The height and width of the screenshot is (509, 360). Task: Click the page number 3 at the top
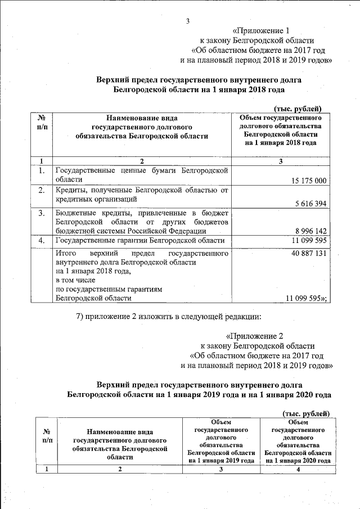pos(187,22)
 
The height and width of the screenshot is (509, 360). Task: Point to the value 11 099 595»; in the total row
pos(307,298)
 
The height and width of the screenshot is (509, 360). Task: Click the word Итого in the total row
pos(66,254)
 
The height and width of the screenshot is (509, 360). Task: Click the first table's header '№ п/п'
pos(42,123)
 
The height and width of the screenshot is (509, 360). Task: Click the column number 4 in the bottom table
pos(297,470)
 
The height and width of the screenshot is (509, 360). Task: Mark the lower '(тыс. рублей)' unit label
pos(305,413)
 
